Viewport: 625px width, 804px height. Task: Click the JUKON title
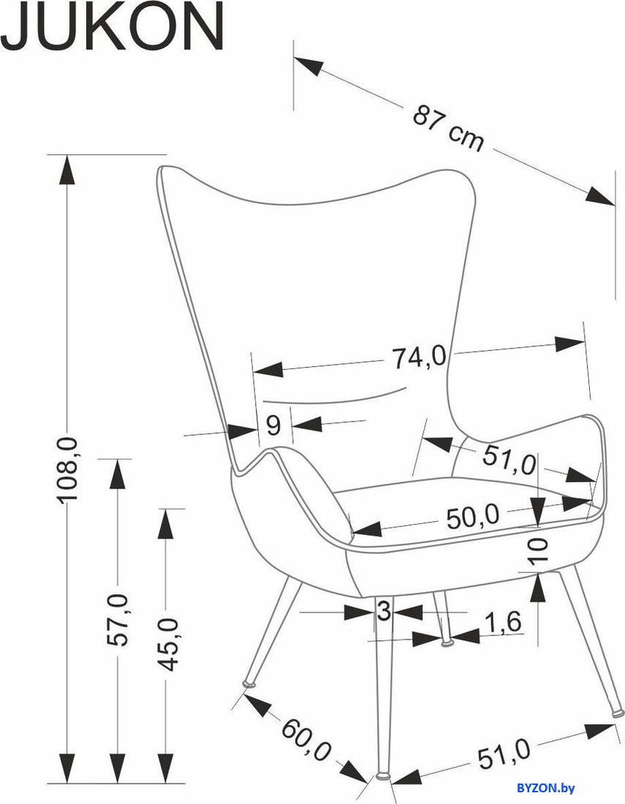click(112, 26)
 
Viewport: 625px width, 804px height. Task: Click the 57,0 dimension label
click(118, 619)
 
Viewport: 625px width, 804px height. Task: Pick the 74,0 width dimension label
click(420, 357)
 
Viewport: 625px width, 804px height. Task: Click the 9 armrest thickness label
click(274, 425)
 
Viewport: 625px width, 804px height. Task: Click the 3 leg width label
click(384, 611)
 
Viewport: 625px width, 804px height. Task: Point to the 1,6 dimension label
click(502, 622)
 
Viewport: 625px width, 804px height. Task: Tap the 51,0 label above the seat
click(509, 460)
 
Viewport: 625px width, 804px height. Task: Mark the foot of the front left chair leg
click(250, 683)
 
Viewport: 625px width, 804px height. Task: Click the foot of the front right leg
click(618, 712)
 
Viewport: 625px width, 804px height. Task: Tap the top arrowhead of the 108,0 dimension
click(67, 170)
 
